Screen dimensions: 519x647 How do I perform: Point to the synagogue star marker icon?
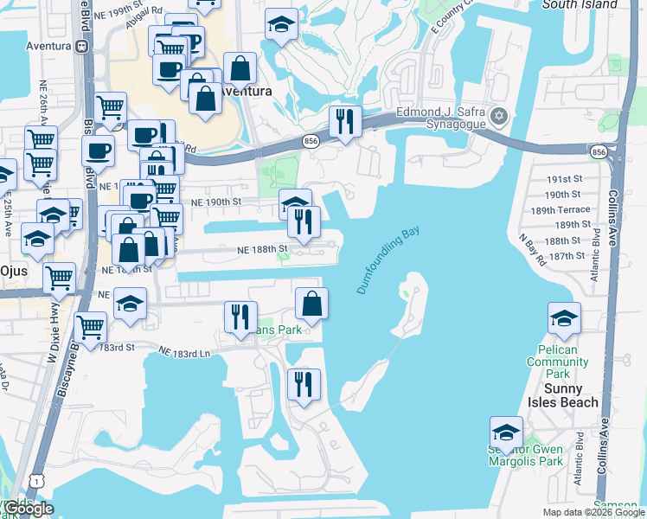pyautogui.click(x=499, y=116)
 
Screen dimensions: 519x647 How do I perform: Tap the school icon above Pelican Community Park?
pyautogui.click(x=563, y=318)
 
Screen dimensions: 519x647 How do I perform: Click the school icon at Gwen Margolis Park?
pyautogui.click(x=506, y=432)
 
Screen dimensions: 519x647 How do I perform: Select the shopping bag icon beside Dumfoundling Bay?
pyautogui.click(x=311, y=303)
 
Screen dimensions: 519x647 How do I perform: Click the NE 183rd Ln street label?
pyautogui.click(x=186, y=352)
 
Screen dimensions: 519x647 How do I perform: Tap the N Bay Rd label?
pyautogui.click(x=529, y=248)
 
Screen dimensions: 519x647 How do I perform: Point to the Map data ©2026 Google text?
pyautogui.click(x=592, y=512)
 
